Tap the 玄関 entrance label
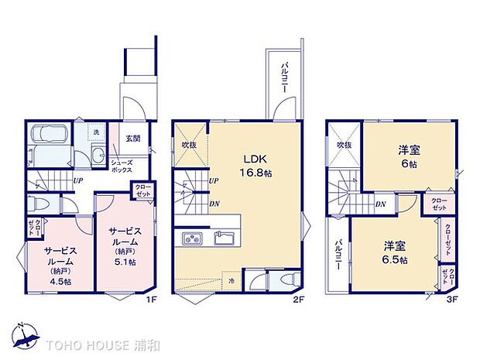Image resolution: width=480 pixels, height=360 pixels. coord(133,139)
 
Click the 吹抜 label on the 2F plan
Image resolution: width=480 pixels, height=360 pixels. coord(190,144)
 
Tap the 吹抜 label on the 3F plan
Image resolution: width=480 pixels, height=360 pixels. coord(343,145)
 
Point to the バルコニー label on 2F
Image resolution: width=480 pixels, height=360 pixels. coord(284,77)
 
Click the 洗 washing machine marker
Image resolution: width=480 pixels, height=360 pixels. coord(95,132)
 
